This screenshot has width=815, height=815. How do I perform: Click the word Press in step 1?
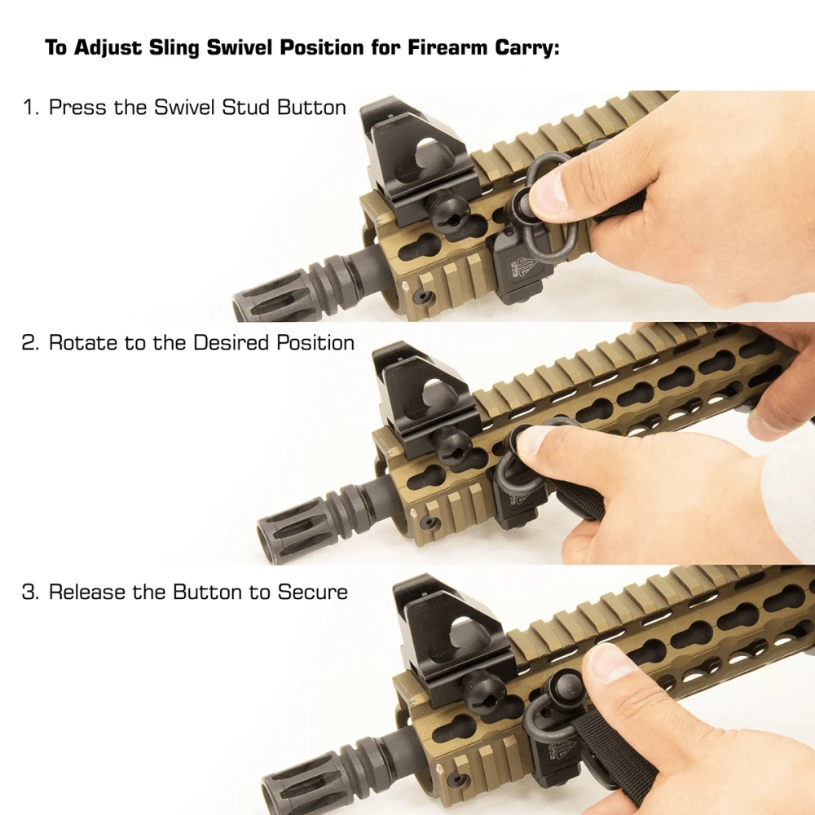coord(78,107)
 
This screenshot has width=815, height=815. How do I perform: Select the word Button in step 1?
coord(311,107)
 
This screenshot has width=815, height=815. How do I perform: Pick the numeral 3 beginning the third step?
coord(29,592)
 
